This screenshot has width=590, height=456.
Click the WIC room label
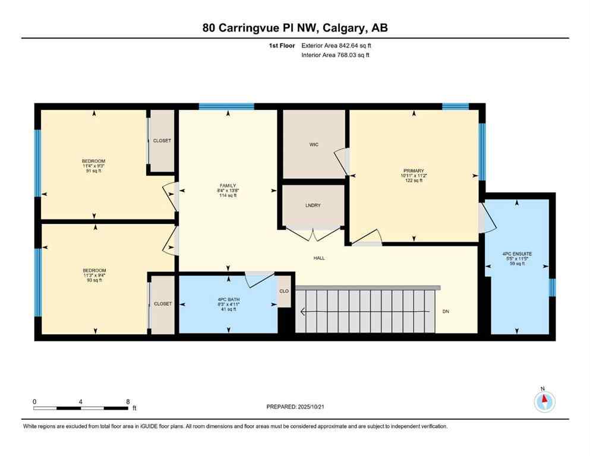tap(314, 144)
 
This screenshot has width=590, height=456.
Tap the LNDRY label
tap(313, 205)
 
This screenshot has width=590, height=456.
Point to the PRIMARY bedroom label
tap(412, 170)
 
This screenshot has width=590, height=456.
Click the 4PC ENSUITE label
tap(516, 254)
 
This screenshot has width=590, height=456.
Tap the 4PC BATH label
tap(228, 299)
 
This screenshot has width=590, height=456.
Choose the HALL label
tap(319, 258)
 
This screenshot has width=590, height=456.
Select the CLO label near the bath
tap(284, 291)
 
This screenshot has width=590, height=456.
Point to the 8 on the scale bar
tap(128, 401)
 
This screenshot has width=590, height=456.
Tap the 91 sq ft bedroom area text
tap(93, 171)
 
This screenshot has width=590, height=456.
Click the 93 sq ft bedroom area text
tap(93, 280)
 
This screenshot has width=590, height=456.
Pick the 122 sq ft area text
tap(412, 180)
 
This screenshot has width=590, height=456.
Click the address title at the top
tap(295, 28)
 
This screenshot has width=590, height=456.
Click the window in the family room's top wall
tap(226, 107)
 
